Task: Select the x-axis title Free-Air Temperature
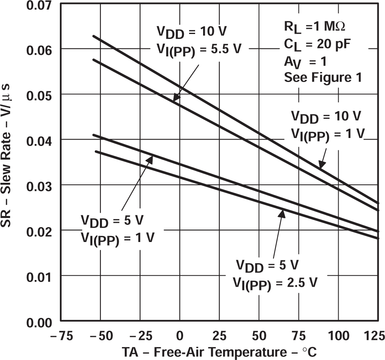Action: (219, 352)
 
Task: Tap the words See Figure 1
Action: (323, 77)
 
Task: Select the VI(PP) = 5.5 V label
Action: (198, 49)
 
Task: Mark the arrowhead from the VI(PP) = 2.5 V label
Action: (282, 213)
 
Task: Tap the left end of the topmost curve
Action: (93, 36)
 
